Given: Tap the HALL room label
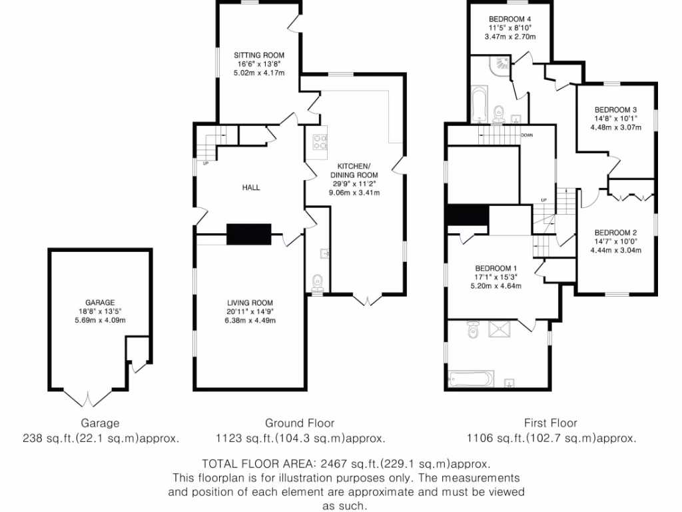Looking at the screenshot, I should pyautogui.click(x=251, y=187).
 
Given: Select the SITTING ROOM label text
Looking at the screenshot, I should pyautogui.click(x=259, y=55).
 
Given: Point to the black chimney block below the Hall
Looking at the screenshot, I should pyautogui.click(x=249, y=235).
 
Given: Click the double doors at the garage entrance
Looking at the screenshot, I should pyautogui.click(x=88, y=399).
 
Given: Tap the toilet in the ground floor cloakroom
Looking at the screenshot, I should pyautogui.click(x=318, y=281).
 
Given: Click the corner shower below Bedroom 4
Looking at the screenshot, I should pyautogui.click(x=502, y=64).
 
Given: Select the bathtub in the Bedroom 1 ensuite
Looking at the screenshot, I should pyautogui.click(x=470, y=379).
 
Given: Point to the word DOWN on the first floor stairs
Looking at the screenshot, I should pyautogui.click(x=527, y=135).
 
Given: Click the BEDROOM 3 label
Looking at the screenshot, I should pyautogui.click(x=616, y=110).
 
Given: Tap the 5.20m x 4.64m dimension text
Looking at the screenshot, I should pyautogui.click(x=497, y=286).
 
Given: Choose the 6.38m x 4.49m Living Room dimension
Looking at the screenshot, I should pyautogui.click(x=250, y=320).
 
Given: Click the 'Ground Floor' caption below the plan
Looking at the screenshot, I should pyautogui.click(x=300, y=423).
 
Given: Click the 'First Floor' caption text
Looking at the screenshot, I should pyautogui.click(x=550, y=423).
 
